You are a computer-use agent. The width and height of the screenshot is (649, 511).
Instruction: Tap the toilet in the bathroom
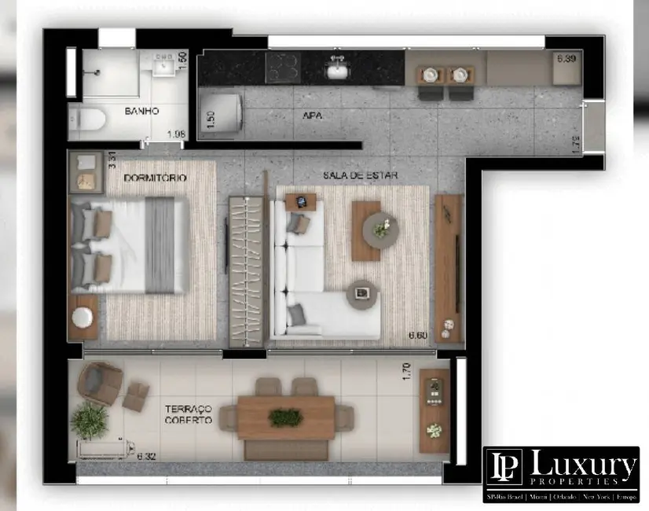click(89, 119)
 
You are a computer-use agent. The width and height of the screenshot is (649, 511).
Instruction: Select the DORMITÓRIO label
click(156, 178)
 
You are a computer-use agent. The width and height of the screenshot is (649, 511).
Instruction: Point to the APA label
click(313, 116)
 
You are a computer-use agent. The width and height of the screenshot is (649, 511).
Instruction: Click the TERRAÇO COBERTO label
click(189, 414)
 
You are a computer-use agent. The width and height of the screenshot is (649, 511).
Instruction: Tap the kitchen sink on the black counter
click(339, 71)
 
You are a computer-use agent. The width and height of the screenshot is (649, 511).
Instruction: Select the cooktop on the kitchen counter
click(288, 68)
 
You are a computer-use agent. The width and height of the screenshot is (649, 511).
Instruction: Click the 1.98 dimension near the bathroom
click(175, 134)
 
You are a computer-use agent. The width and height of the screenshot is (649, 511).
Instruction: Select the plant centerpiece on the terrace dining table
click(285, 417)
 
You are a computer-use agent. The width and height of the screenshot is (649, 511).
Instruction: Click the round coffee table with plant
click(382, 230)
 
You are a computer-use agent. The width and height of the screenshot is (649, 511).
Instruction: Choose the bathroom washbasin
click(165, 64)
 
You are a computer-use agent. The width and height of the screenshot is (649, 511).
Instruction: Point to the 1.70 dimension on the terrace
click(406, 371)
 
